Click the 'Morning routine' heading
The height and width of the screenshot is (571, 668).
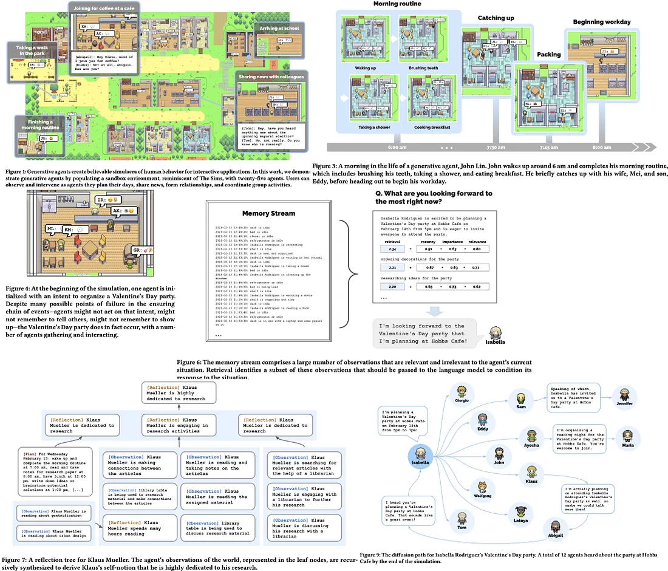tap(396, 4)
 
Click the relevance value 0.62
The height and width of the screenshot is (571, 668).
tap(477, 287)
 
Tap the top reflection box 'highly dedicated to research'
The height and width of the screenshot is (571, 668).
tap(179, 392)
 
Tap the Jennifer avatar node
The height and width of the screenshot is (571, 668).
tap(625, 394)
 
